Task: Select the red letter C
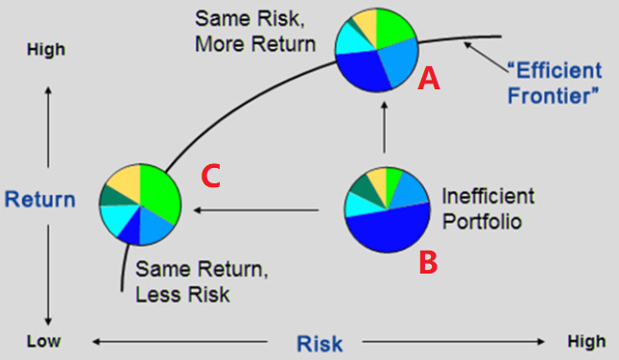click(211, 177)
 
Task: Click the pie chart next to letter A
click(376, 51)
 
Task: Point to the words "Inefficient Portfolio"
click(488, 207)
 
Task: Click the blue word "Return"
click(39, 200)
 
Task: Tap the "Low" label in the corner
click(43, 341)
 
